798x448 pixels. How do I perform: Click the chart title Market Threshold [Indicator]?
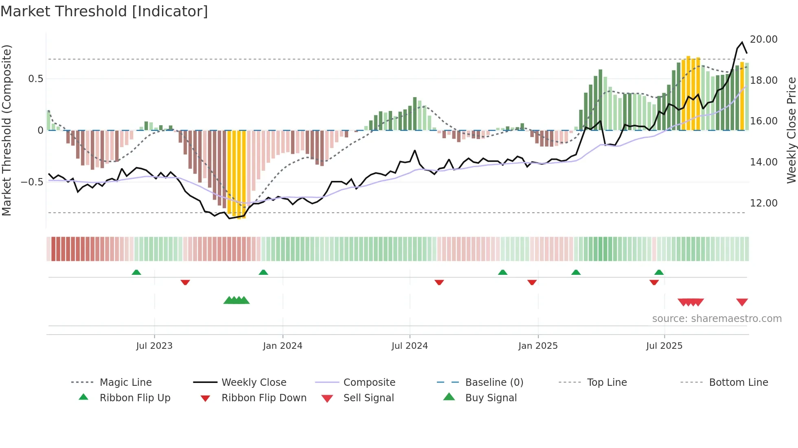coord(104,11)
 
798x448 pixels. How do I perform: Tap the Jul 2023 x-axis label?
coord(154,346)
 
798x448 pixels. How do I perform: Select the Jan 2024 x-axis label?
coord(283,346)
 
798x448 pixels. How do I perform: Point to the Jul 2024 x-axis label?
coord(410,346)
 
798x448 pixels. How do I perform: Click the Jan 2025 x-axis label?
coord(538,346)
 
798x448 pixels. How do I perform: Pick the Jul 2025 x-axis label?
coord(664,346)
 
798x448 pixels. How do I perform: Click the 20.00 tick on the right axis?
coord(763,39)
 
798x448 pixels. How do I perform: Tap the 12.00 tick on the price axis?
coord(763,203)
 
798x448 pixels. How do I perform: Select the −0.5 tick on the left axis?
coord(32,182)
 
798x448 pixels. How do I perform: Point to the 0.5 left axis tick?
coord(35,79)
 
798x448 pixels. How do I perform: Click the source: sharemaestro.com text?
coord(717,319)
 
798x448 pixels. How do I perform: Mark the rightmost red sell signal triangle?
coord(742,302)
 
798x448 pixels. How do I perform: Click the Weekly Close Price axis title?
coord(791,130)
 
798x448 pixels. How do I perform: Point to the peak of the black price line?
coord(742,42)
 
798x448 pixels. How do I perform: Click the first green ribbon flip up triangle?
coord(136,272)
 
